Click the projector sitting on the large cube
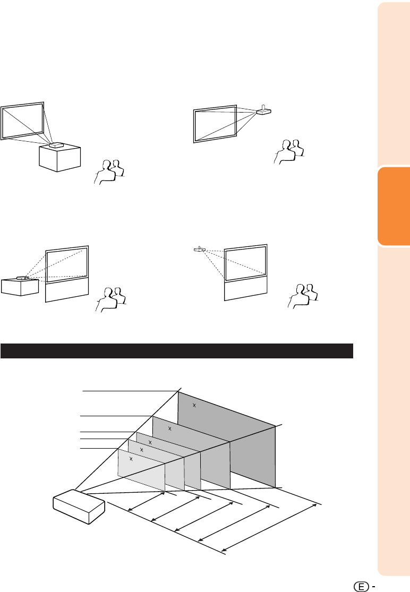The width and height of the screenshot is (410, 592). [x=56, y=145]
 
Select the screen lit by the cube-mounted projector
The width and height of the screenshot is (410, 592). [x=22, y=121]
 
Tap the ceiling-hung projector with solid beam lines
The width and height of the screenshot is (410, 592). [x=263, y=110]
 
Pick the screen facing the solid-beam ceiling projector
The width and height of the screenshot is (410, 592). [x=215, y=124]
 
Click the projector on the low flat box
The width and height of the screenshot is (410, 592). [x=23, y=278]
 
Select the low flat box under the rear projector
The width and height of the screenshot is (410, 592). [x=20, y=287]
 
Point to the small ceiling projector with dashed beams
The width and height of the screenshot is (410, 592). [x=200, y=249]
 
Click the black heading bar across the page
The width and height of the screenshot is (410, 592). [x=177, y=351]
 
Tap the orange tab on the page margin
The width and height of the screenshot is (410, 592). [x=394, y=206]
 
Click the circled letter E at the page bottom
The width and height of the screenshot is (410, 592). [x=361, y=587]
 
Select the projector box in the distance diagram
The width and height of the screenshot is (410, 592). [x=79, y=507]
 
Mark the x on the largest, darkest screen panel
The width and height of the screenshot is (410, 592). [x=194, y=406]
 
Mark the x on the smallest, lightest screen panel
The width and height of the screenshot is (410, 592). [x=131, y=459]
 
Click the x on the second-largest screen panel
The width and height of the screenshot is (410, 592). [x=169, y=428]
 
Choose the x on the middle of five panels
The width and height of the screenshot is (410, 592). [x=150, y=442]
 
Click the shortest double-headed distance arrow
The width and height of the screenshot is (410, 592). [x=147, y=502]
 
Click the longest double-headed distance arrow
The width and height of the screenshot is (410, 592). [x=269, y=527]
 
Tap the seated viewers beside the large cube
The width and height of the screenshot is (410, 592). [x=109, y=172]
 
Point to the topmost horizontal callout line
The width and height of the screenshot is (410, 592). [x=130, y=391]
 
